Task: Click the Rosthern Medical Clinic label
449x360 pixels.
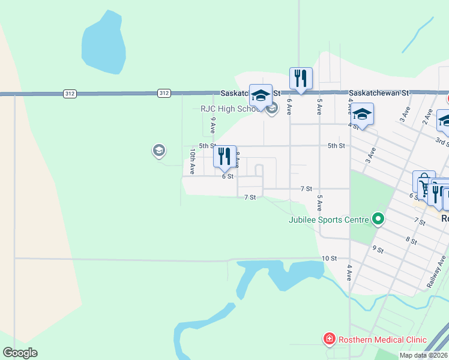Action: coord(382,340)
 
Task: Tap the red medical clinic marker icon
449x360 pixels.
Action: coord(330,340)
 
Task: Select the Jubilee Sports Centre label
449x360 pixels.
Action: coord(328,220)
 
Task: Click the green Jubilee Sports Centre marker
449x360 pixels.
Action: coord(378,219)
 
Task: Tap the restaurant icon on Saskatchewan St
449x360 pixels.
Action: coord(301,78)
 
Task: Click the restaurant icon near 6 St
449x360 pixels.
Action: coord(225,157)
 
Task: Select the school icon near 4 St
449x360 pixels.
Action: coord(363,113)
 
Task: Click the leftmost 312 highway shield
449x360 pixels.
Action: coord(70,93)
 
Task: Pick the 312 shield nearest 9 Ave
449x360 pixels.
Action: coord(164,93)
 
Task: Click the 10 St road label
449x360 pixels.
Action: coord(329,258)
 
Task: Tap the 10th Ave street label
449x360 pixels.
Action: coord(191,162)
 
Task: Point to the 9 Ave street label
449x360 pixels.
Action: coord(212,124)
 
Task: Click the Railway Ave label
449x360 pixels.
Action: coord(438,272)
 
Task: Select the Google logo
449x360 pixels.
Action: coord(20,353)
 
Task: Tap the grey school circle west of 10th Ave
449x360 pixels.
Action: coord(159,150)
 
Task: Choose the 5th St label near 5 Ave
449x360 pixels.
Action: coord(336,146)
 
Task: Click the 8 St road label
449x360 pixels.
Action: coord(411,240)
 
